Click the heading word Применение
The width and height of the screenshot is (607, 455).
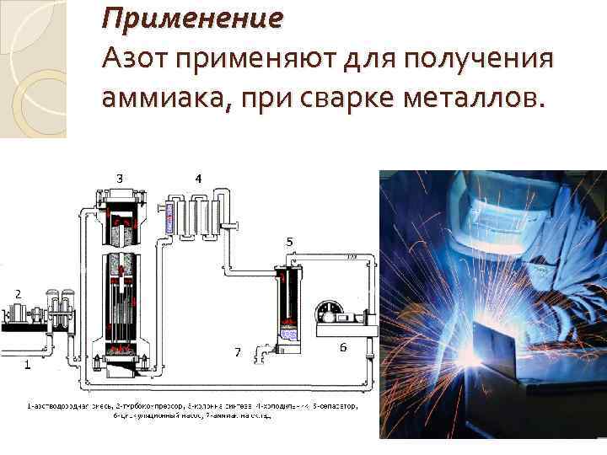point(192,16)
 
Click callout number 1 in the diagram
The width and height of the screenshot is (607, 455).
point(27,365)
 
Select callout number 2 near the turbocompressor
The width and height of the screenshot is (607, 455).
point(15,292)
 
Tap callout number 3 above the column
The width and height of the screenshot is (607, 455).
point(120,178)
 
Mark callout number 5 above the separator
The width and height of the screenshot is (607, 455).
point(289,242)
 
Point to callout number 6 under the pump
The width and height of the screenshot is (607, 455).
point(343,346)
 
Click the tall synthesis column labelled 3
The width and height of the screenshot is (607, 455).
point(121,286)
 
